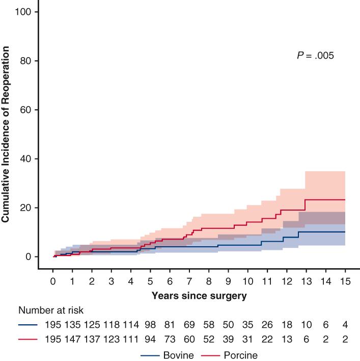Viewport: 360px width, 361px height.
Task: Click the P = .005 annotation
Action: click(315, 56)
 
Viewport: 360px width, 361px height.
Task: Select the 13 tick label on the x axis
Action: click(306, 281)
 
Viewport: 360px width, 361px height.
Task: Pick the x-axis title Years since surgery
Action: click(199, 295)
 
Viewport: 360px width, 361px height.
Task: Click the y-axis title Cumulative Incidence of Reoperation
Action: click(6, 134)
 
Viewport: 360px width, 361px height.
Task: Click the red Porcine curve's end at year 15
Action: click(345, 199)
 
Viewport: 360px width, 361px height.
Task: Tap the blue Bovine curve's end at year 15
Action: click(345, 232)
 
